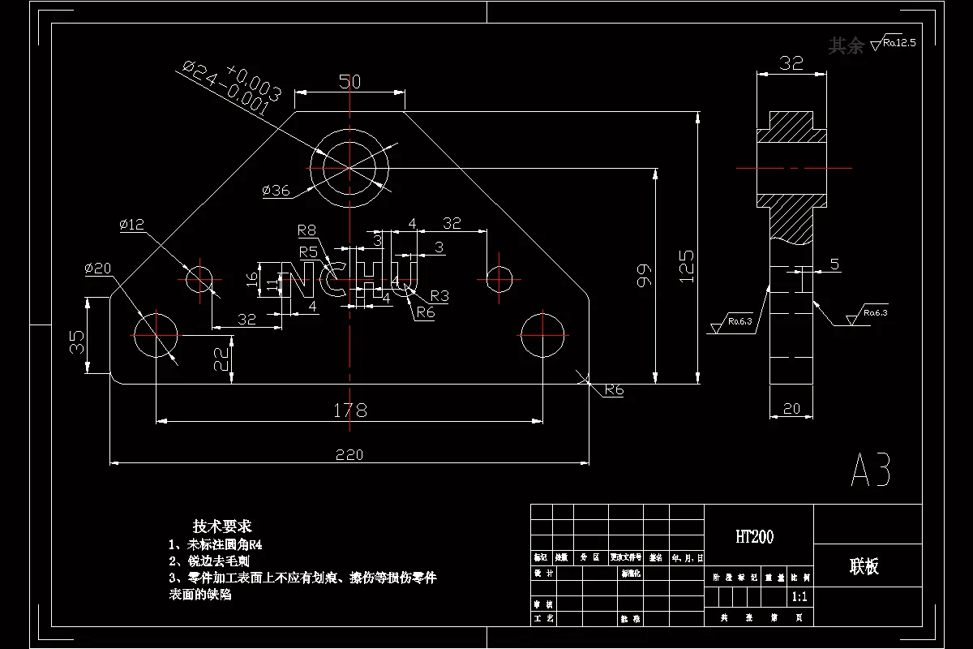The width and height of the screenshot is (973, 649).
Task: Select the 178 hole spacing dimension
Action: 350,410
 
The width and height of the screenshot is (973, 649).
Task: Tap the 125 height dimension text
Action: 686,265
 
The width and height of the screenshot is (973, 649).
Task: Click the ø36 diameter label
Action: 276,191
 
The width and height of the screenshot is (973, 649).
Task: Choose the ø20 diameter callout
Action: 98,269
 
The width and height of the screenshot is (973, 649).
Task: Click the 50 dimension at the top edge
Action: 349,81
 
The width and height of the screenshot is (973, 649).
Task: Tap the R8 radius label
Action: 306,230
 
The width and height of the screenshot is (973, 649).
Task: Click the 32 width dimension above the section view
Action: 791,62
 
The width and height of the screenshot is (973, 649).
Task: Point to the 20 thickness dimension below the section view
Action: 791,410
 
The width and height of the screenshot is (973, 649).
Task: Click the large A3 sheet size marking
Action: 872,470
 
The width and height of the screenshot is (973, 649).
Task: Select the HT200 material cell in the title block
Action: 754,536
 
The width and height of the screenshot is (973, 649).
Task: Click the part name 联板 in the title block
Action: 864,566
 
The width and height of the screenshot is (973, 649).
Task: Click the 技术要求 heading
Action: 222,526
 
